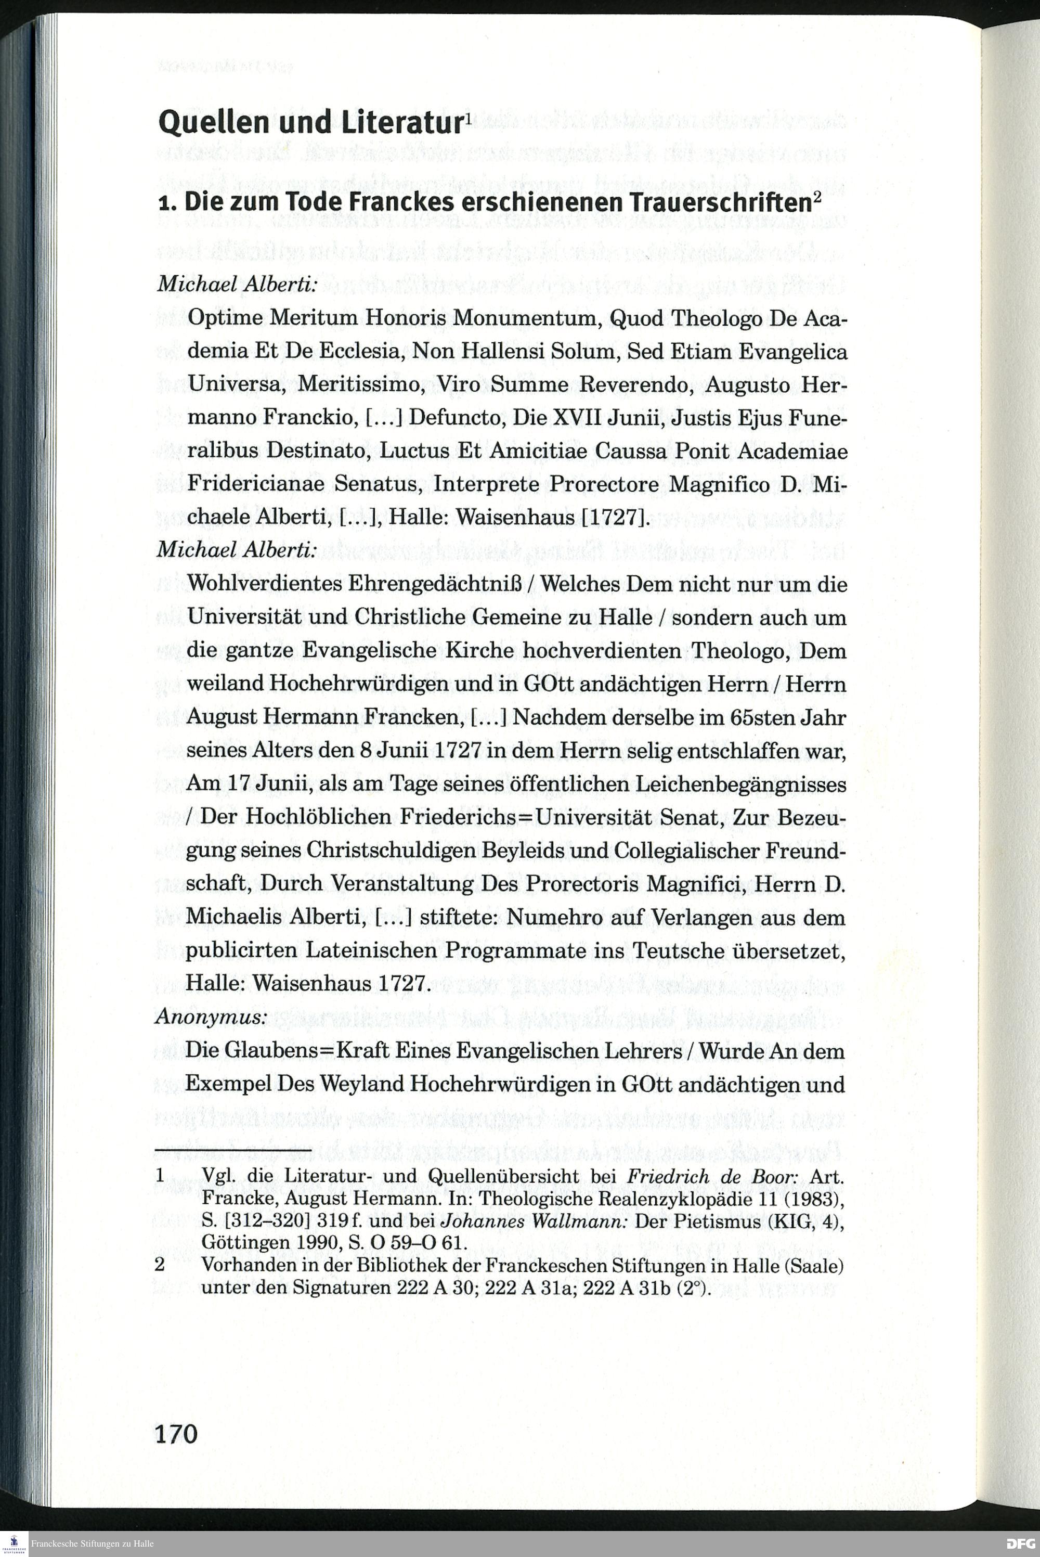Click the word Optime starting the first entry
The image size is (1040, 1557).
click(x=224, y=318)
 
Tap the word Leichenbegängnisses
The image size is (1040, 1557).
click(x=741, y=784)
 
